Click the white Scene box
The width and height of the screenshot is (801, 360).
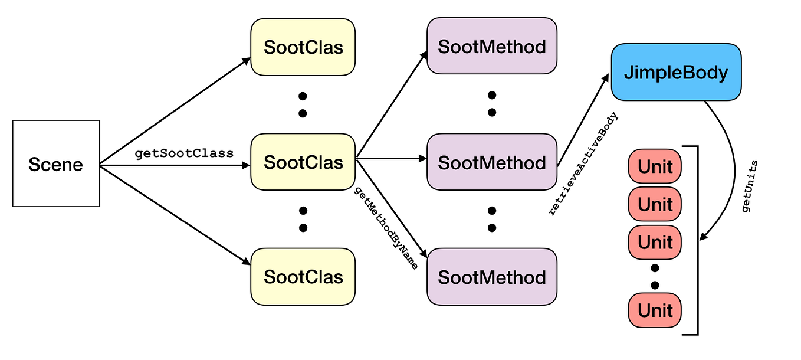[x=55, y=163]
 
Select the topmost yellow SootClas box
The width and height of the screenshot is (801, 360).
[x=303, y=47]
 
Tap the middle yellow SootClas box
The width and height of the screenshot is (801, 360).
[x=303, y=162]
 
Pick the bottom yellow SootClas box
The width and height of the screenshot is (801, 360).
[x=303, y=277]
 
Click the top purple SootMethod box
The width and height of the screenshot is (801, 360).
[x=492, y=46]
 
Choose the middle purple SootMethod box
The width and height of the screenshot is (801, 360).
[x=492, y=162]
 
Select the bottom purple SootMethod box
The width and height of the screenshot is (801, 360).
[x=492, y=277]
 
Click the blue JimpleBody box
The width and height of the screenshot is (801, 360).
[x=676, y=72]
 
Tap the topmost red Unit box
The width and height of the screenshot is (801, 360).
[x=655, y=166]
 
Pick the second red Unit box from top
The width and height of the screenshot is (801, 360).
[x=655, y=204]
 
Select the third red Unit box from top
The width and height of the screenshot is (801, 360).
[x=655, y=242]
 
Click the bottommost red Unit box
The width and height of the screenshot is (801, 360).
[x=655, y=310]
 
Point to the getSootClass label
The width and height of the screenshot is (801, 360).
[x=184, y=153]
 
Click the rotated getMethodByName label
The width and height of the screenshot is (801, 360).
[x=386, y=228]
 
